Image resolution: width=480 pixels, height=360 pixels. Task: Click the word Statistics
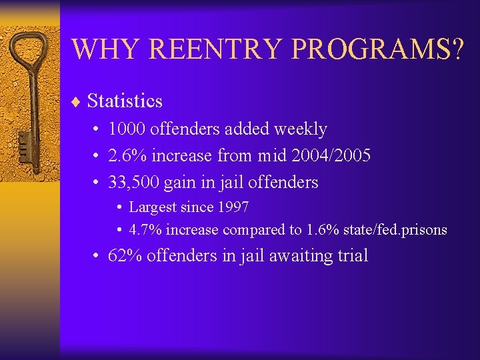click(125, 101)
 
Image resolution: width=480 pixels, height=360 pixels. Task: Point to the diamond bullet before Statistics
click(76, 102)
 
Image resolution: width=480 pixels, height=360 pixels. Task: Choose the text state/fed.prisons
click(395, 230)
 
